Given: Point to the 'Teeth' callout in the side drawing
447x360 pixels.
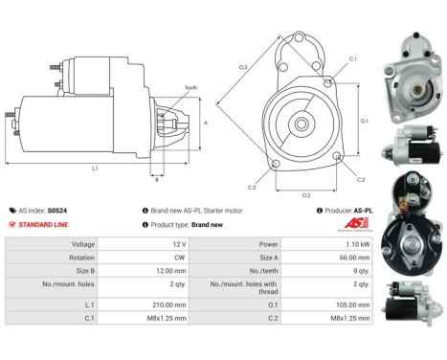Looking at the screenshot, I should coord(190,87).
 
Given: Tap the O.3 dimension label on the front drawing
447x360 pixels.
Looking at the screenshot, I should coord(243,66).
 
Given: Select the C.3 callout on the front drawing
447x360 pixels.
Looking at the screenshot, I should coord(252,187).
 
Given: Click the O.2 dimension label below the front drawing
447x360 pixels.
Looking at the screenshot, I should coord(306,194).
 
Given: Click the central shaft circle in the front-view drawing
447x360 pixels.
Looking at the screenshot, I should coord(302,124).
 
